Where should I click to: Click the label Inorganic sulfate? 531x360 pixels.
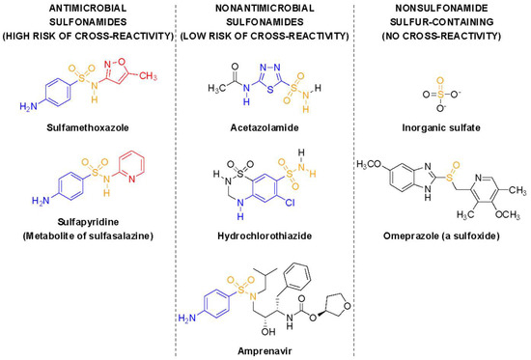[440, 126]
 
